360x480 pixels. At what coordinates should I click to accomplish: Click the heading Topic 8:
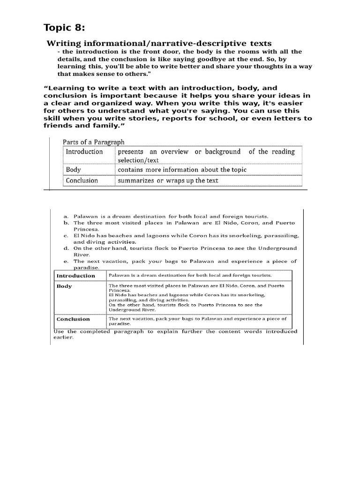64,27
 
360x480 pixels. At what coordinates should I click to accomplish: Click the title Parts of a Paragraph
94,142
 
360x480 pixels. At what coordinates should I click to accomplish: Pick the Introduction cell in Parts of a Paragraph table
84,152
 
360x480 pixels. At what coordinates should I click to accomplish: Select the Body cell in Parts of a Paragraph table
74,170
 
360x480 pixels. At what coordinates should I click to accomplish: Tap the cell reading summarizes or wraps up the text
168,180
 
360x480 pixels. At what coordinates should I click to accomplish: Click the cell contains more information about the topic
182,170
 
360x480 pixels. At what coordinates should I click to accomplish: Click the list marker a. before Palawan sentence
66,217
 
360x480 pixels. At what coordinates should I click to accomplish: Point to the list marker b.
66,223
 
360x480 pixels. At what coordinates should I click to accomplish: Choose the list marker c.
66,236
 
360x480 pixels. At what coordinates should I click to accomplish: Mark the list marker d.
66,248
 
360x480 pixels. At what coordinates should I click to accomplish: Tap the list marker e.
66,261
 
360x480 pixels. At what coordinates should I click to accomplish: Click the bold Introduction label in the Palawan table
75,276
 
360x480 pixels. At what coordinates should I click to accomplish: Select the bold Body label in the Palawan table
64,286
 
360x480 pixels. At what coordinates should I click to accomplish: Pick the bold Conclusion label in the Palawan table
73,319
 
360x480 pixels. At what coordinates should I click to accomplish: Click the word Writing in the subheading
64,44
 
